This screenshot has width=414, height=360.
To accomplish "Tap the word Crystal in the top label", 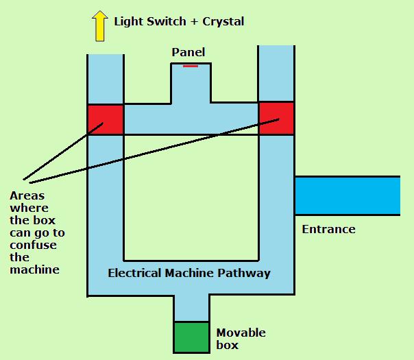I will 222,21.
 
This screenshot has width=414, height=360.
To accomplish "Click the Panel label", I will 188,52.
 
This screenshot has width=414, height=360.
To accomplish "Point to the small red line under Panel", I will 191,66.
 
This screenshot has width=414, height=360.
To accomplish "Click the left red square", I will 105,120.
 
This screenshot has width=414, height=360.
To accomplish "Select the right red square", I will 276,118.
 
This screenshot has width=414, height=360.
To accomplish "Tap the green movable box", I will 191,336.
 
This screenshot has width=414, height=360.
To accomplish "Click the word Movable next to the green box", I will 241,333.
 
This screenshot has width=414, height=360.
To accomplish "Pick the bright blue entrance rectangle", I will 347,195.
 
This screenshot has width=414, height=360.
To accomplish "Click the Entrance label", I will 328,229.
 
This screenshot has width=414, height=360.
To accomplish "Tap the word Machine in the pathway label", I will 191,273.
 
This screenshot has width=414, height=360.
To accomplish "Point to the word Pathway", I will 244,274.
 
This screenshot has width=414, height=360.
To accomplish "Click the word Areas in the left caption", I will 26,195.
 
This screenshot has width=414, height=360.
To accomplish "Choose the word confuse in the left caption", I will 33,245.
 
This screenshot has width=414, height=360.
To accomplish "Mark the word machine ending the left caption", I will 34,269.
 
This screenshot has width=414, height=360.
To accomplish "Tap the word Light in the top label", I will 128,21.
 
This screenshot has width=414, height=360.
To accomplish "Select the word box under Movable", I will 228,345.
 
